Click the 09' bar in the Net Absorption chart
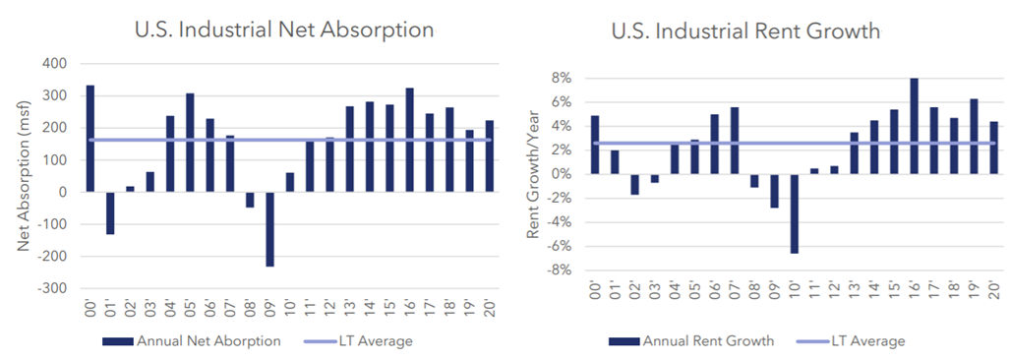pos(269,229)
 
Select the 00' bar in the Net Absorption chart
pos(90,139)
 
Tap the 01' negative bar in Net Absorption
pos(110,213)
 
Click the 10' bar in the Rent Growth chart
pos(795,213)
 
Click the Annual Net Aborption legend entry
pos(192,341)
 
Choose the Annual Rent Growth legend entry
pos(691,340)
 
